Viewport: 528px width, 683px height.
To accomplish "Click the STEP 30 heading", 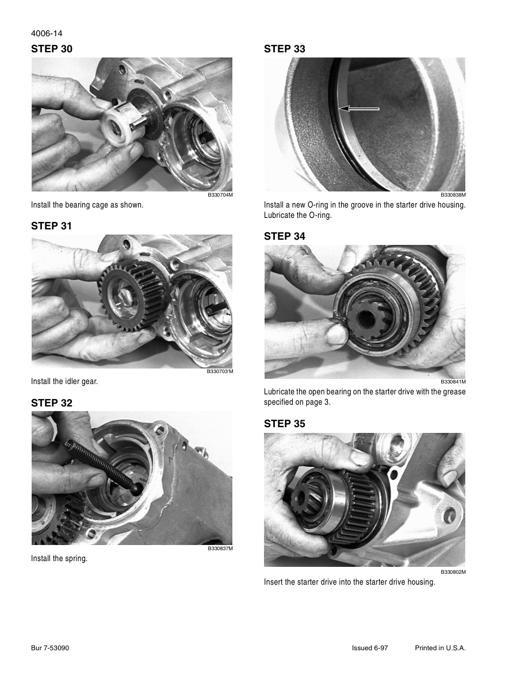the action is tap(51, 49).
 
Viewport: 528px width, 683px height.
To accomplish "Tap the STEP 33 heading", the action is tap(285, 49).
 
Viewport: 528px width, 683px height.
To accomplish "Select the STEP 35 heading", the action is tap(285, 423).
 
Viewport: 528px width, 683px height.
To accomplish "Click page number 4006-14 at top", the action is tap(47, 33).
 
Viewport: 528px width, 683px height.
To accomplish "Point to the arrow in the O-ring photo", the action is tap(359, 109).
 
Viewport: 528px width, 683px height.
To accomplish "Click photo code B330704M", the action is tap(220, 195).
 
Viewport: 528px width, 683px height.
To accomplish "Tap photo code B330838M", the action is tap(453, 195).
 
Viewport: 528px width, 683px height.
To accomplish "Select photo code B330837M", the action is tap(220, 548).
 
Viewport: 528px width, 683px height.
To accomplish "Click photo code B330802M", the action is tap(453, 572).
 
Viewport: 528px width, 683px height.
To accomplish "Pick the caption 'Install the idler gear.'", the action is tap(64, 382).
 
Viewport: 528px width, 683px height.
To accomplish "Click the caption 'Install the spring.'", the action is tap(59, 558).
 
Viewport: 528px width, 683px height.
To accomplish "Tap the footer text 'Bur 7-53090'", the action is tap(50, 648).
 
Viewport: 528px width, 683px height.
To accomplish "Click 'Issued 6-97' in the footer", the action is tap(370, 648).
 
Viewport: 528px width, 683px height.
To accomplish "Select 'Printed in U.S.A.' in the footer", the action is tap(441, 648).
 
